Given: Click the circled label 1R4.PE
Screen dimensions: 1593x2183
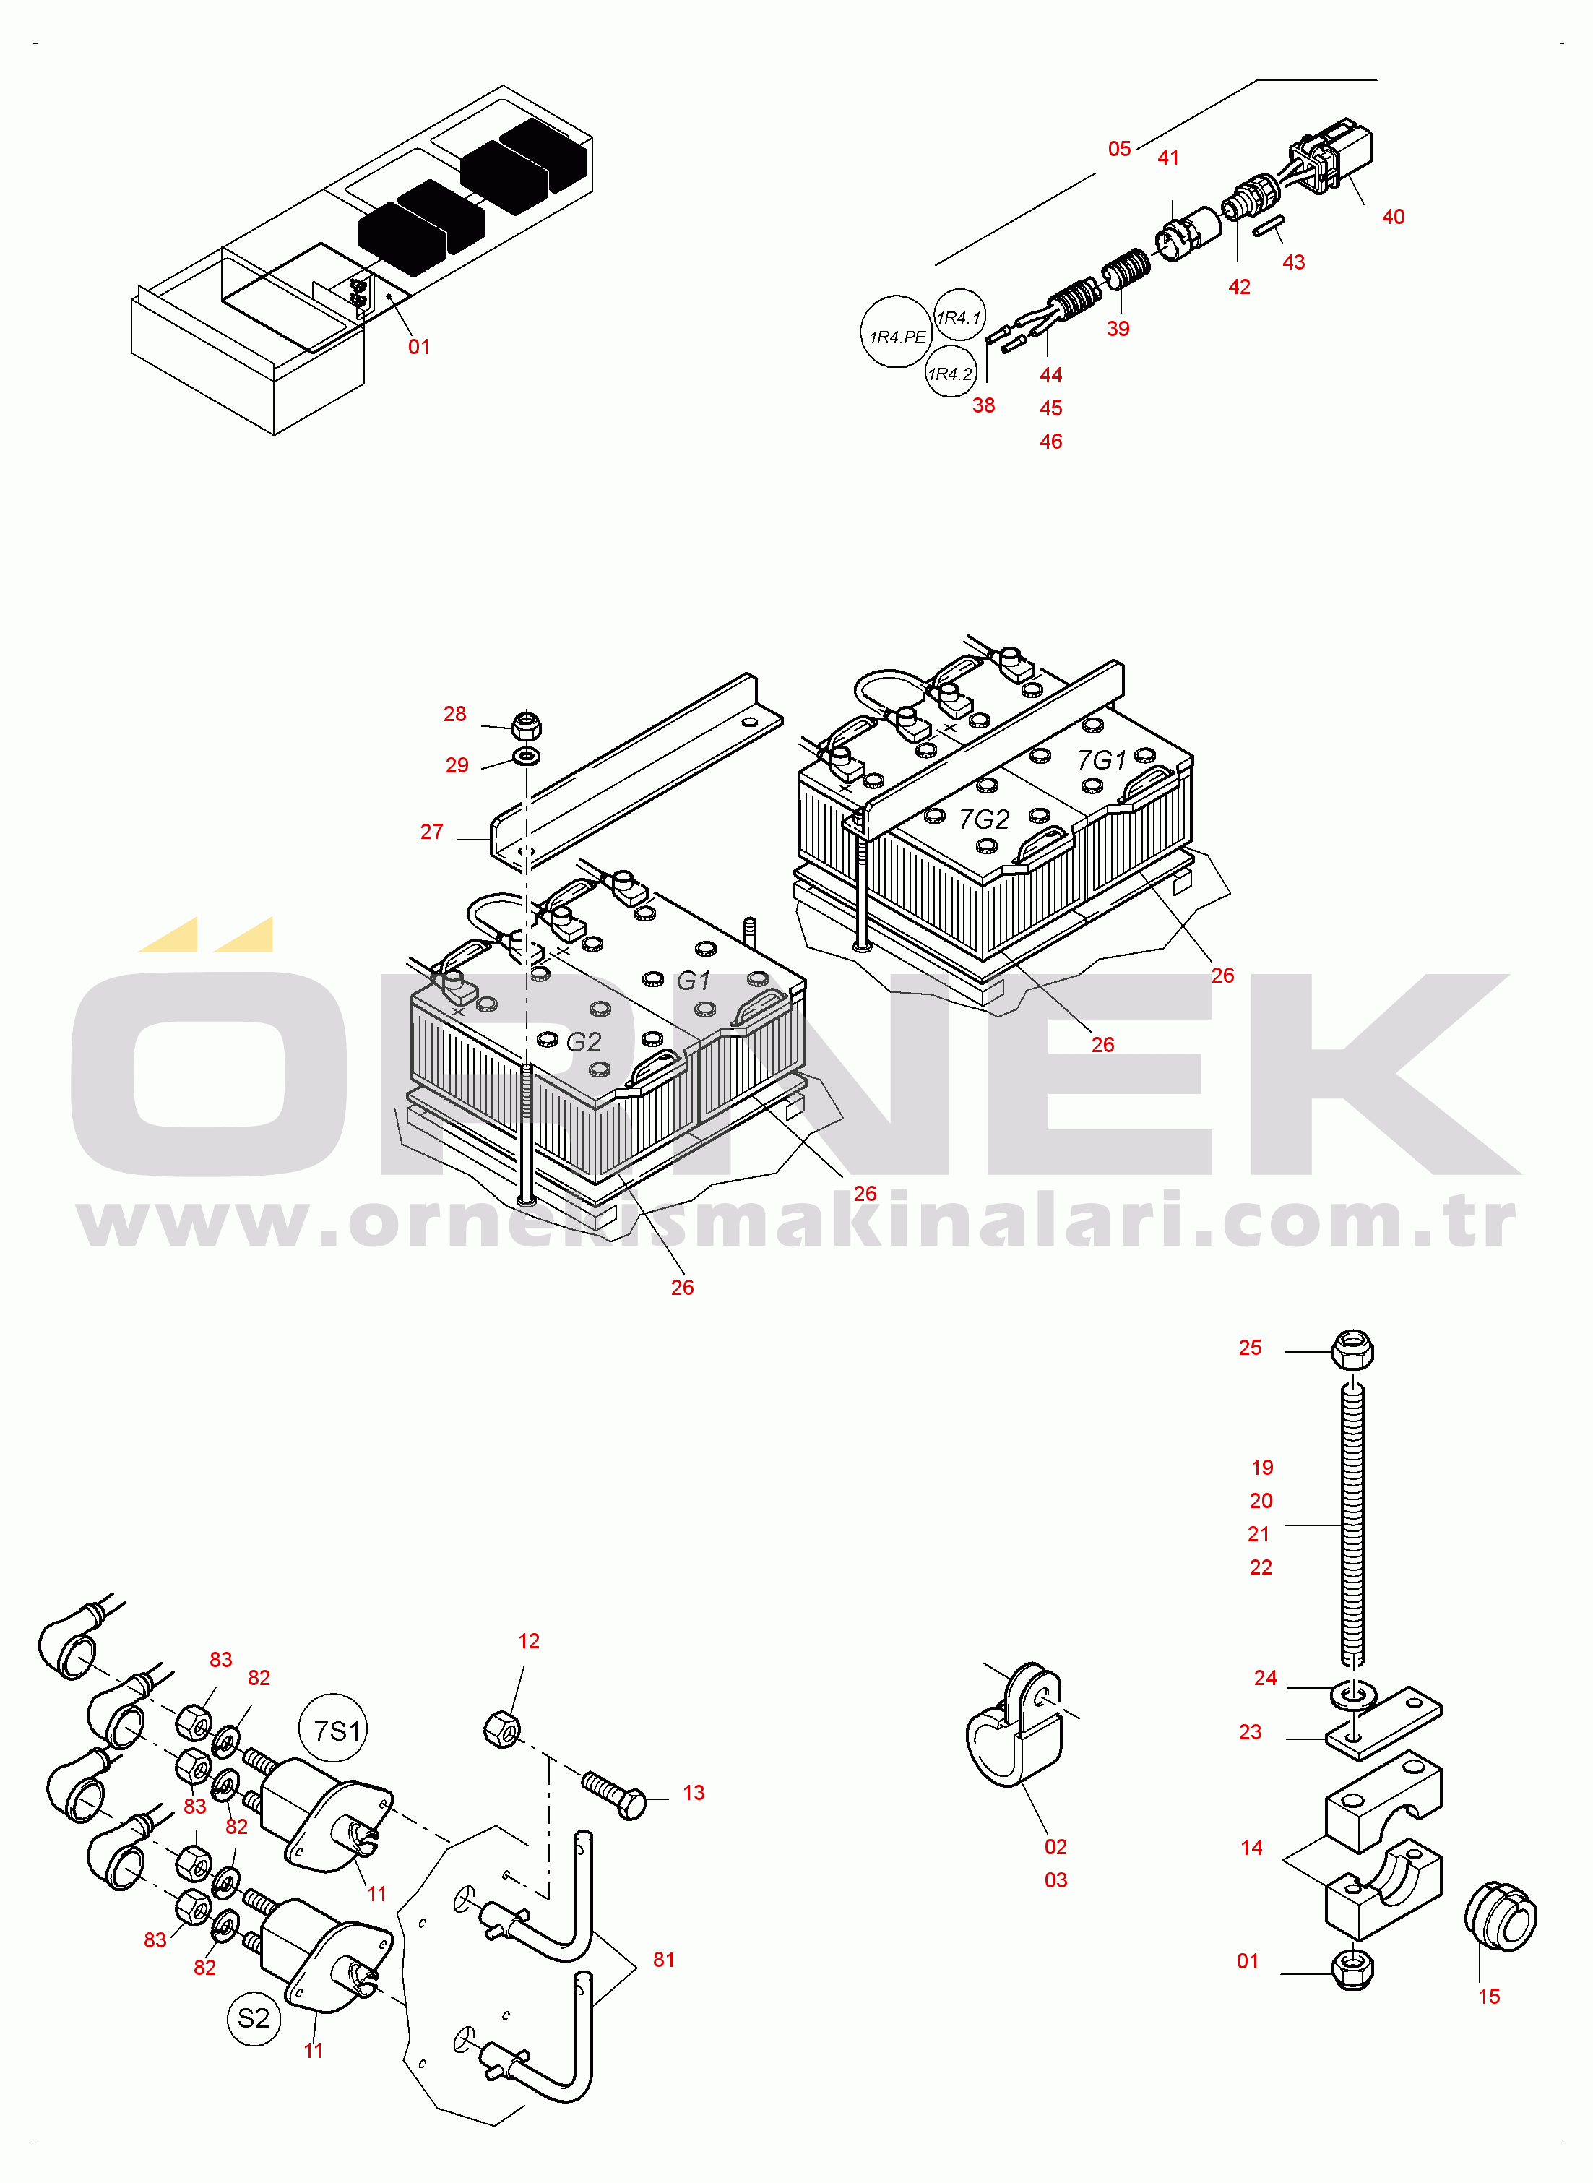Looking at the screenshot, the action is coord(897,332).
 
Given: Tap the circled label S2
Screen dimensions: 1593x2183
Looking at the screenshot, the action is coord(254,2018).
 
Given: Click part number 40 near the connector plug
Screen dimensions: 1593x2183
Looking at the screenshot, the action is coord(1394,217).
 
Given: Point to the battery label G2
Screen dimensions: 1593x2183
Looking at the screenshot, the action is coord(584,1042).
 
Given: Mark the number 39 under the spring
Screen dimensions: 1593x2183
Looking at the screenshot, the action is coord(1118,329).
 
